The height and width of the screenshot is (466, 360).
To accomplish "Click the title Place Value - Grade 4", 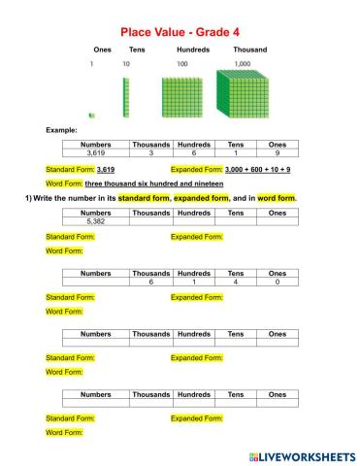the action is coord(180,32).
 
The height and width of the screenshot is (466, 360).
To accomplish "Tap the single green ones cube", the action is coord(91,116).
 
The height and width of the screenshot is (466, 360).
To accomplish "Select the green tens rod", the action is coord(125,98).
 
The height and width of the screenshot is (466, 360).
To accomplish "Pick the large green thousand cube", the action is coord(243,94).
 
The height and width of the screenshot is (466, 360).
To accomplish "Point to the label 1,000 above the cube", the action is coord(243,64).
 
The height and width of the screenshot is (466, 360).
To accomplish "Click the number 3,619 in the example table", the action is coord(95,153).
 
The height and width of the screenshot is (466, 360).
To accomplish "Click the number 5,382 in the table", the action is coord(95,221).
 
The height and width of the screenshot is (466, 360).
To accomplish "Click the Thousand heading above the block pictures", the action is coord(250,49).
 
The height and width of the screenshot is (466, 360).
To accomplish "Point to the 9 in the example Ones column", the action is coord(277,153).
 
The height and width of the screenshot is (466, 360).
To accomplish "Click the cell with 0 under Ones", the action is coord(277,282).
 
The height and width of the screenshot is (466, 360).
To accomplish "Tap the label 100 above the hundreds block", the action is coord(182,64).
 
